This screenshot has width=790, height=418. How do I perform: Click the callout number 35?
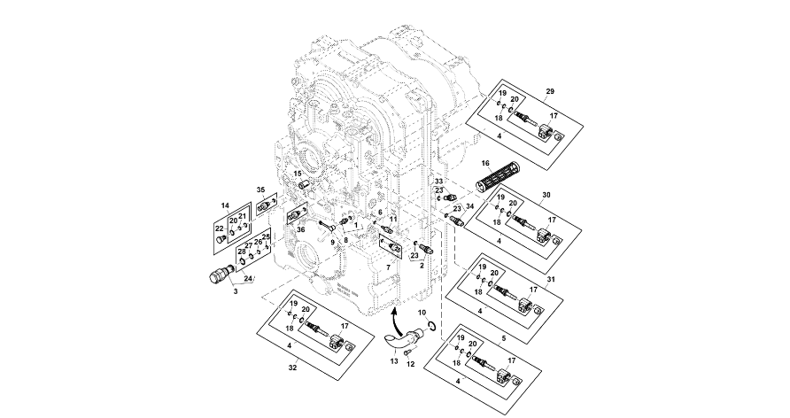coord(260,190)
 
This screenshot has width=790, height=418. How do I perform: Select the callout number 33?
coord(438,181)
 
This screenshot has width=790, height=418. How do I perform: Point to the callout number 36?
coord(301,230)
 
